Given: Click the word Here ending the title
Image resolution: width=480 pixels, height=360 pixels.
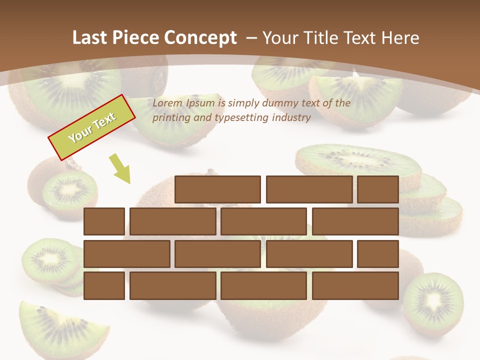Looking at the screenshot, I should [x=399, y=37].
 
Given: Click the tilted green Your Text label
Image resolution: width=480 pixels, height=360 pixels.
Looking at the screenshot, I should [x=92, y=127].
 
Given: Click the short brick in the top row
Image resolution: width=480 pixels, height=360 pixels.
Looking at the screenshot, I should [x=378, y=189].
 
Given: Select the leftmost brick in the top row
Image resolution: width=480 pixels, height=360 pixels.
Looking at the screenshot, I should [x=217, y=189].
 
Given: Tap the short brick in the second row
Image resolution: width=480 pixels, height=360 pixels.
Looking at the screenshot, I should [x=104, y=221].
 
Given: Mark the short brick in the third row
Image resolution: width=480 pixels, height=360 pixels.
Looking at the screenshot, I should [x=378, y=254].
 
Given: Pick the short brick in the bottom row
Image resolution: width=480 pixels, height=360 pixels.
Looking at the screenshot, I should [x=104, y=286].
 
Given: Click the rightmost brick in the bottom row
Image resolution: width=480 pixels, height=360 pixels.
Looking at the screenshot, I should [x=355, y=286].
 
